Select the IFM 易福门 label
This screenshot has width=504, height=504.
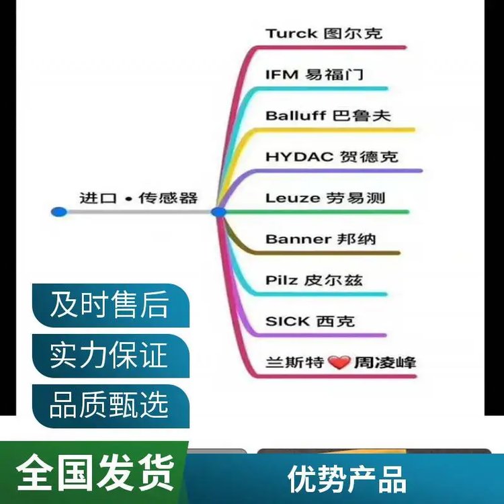[x=314, y=74]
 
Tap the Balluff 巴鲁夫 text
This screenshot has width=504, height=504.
[x=327, y=115]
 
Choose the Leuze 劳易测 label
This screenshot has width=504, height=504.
[x=325, y=198]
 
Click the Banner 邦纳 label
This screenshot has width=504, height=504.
[x=321, y=239]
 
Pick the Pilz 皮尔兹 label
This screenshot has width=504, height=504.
[x=314, y=280]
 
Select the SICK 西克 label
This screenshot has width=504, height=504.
[x=309, y=321]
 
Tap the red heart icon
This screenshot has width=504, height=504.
[x=340, y=364]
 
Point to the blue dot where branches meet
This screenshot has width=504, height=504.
[x=218, y=212]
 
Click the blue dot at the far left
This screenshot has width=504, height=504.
[x=58, y=212]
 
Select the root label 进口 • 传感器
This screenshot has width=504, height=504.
[x=138, y=198]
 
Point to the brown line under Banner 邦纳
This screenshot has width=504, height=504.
[x=323, y=253]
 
